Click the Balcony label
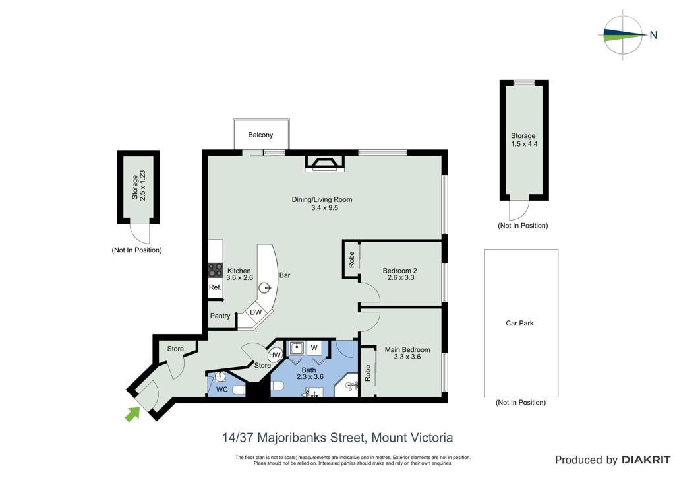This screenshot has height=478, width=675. [260, 135]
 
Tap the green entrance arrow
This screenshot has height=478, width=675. [132, 414]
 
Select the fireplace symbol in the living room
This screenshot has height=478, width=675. [325, 164]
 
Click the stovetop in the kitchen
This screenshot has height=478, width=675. [216, 270]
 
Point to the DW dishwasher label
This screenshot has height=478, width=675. [256, 312]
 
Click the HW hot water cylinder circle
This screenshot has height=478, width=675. [275, 355]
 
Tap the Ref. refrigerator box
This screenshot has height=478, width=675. [216, 287]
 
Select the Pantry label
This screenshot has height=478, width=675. [220, 316]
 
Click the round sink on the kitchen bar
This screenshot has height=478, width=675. [266, 288]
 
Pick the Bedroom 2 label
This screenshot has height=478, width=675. [400, 271]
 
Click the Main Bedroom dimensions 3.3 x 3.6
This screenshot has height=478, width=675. [407, 357]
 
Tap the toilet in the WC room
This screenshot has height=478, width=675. [238, 390]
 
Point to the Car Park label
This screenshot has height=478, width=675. [519, 323]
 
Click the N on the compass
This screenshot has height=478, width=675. [653, 36]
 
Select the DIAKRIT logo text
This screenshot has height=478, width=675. [645, 460]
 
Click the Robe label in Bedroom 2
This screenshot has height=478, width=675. [352, 259]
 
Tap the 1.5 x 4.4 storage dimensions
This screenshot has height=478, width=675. [524, 144]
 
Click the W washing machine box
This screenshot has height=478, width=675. [314, 347]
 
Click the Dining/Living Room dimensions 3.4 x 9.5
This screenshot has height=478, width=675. [324, 208]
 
